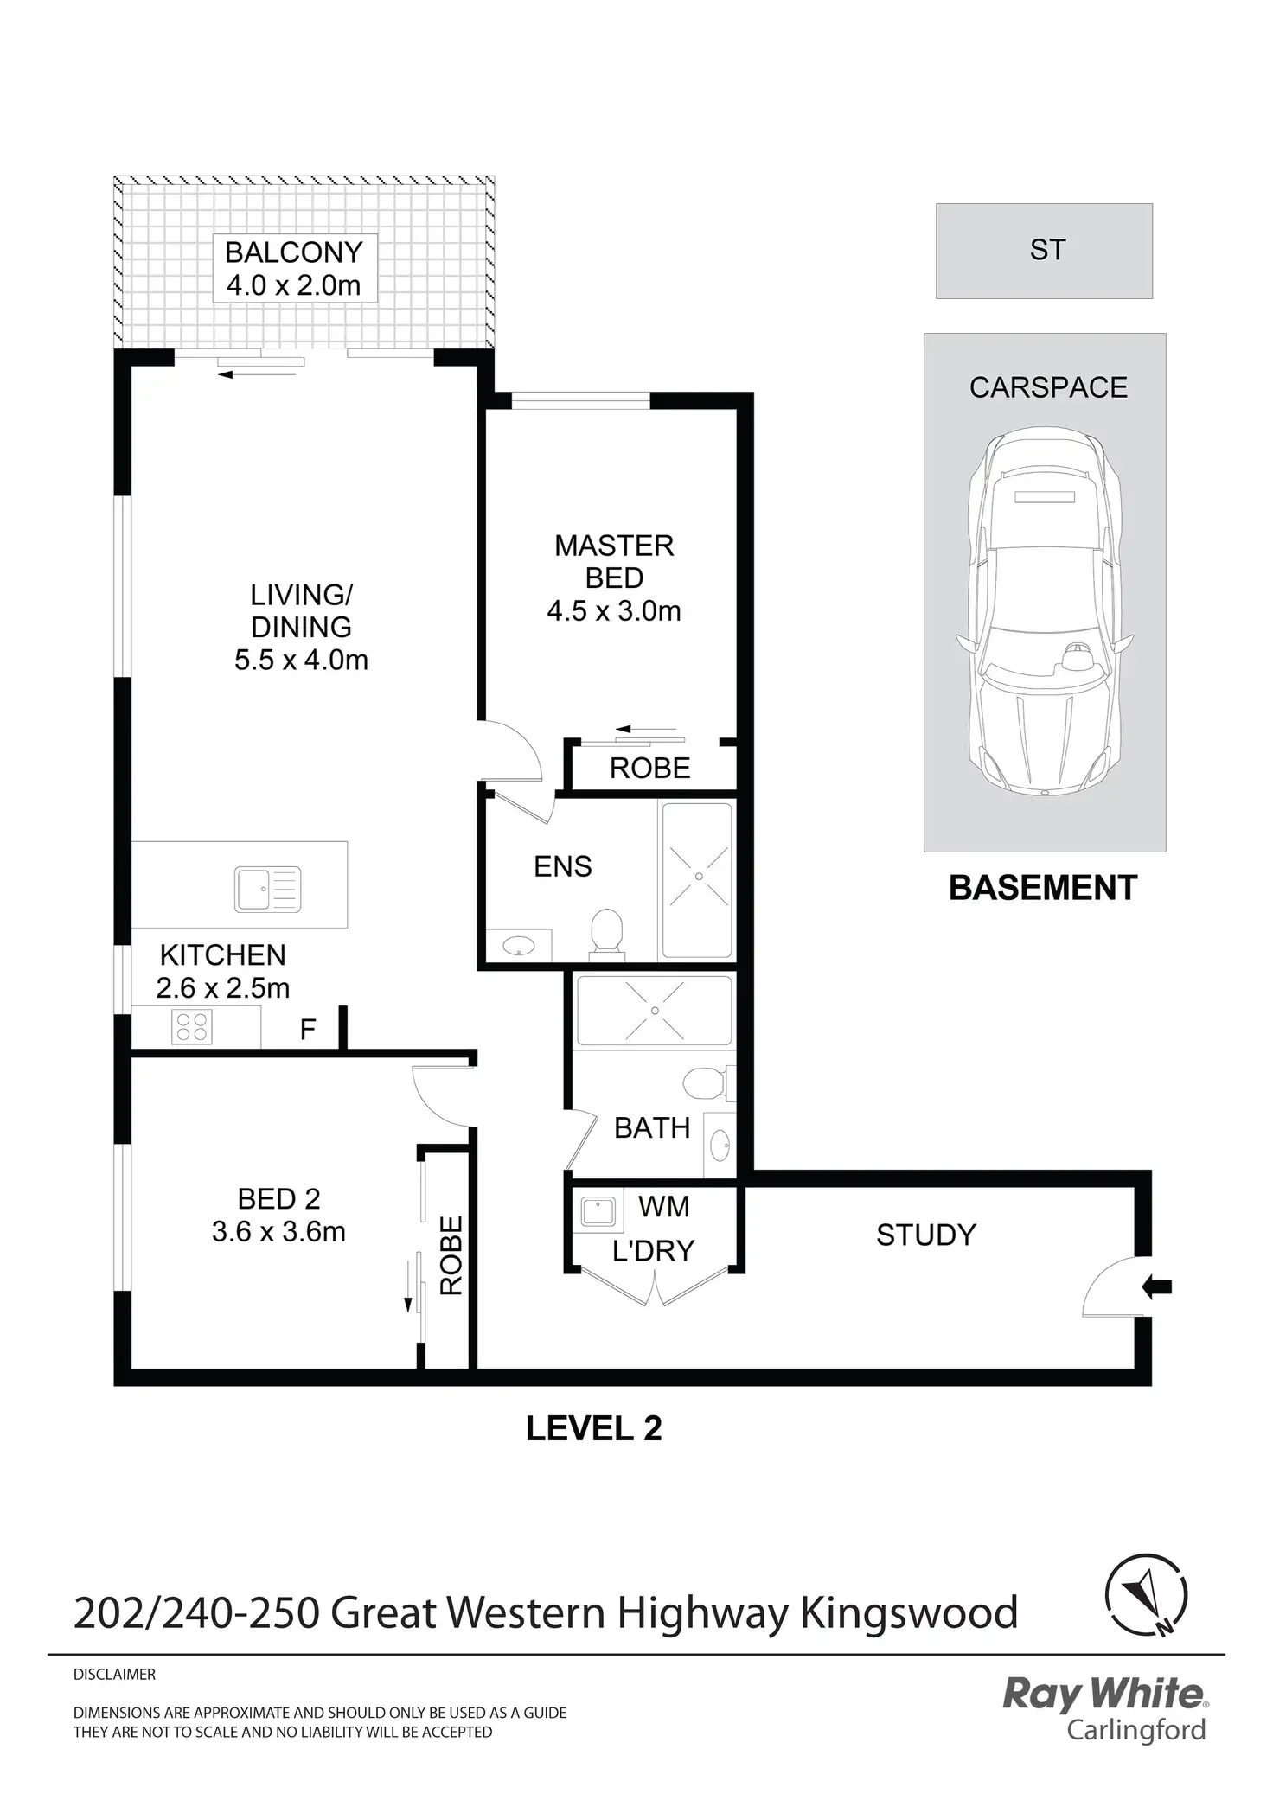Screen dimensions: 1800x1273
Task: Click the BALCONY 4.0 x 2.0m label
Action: [294, 268]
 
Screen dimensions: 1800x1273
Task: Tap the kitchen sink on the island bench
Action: [267, 889]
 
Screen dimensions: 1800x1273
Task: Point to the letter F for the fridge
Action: [308, 1030]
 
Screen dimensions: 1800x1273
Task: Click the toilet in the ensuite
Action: [606, 934]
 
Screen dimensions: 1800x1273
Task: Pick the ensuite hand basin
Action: [517, 945]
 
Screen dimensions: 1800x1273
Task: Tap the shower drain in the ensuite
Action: [699, 877]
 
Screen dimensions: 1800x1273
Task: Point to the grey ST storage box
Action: [1044, 251]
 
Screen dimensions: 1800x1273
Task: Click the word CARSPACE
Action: [1048, 387]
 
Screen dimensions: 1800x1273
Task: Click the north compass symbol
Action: [1147, 1595]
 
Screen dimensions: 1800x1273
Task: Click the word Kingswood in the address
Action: [909, 1613]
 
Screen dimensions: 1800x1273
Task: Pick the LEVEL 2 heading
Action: [594, 1428]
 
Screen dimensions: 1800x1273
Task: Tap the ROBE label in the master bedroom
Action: [650, 768]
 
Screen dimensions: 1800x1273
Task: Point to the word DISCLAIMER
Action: [114, 1675]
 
